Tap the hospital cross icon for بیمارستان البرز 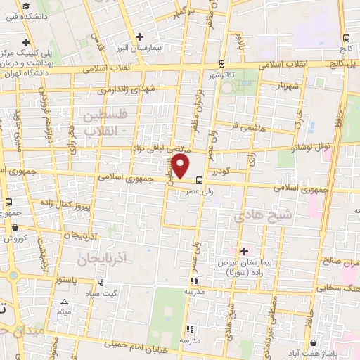pos(140,37)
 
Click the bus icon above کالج pos(345,38)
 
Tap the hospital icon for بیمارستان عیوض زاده pos(245,251)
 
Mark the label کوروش pos(16,239)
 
